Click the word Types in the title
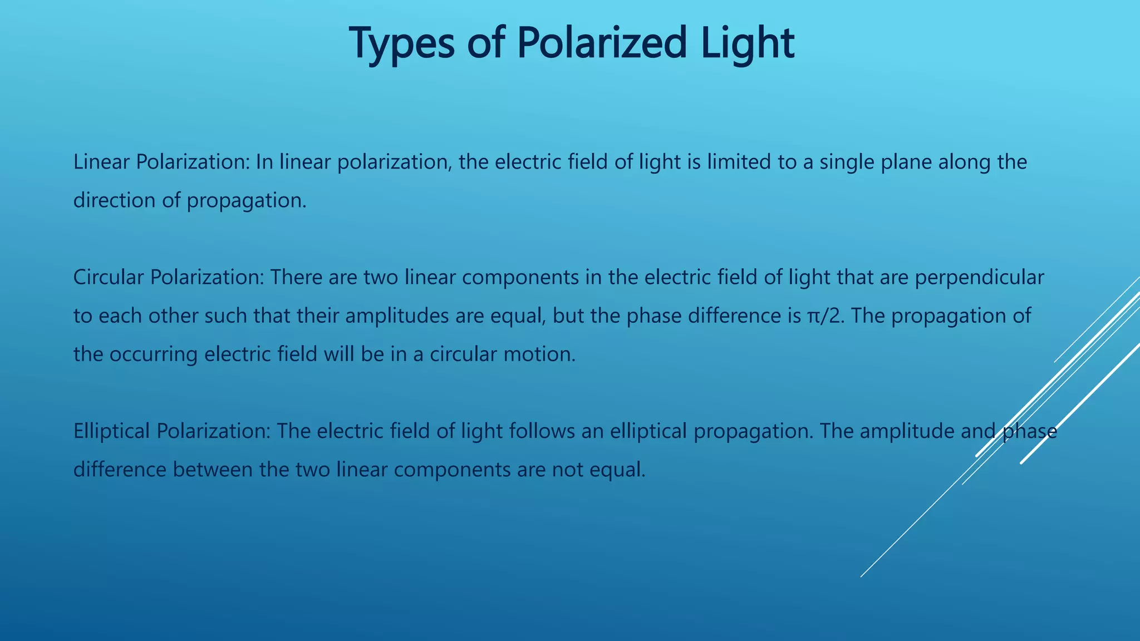click(401, 43)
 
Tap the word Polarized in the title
click(602, 43)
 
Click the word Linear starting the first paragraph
click(102, 162)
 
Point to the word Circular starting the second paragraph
click(109, 277)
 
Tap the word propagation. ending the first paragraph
click(247, 201)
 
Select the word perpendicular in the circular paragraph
click(979, 277)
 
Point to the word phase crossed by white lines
click(1029, 431)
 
